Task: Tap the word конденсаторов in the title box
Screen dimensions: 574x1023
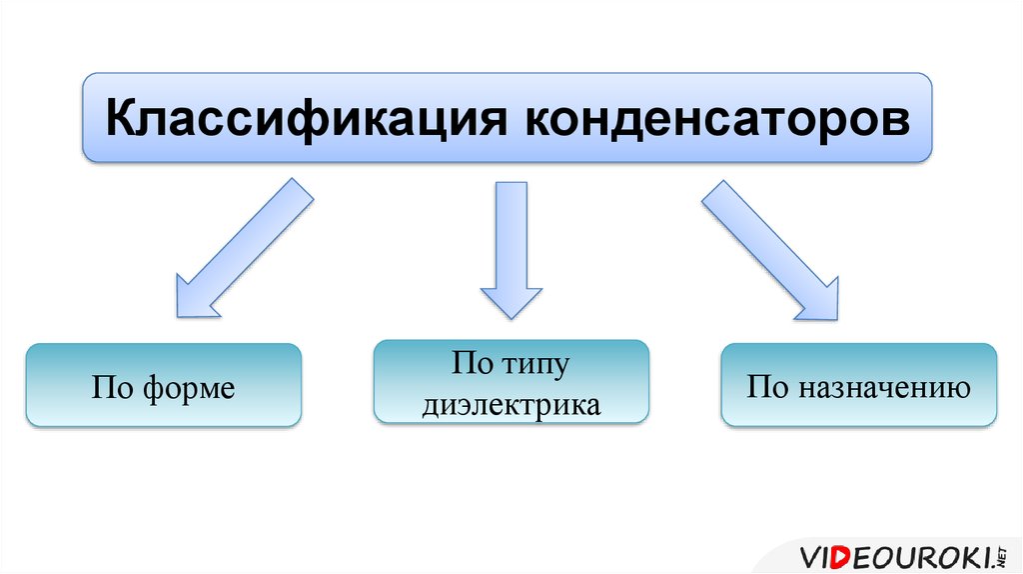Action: click(x=717, y=119)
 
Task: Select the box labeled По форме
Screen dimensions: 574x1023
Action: click(x=164, y=386)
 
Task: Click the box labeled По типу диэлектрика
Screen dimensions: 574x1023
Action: click(x=511, y=382)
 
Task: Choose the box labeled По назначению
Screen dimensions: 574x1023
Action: click(x=858, y=386)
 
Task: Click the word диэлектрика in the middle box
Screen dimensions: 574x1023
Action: click(x=511, y=405)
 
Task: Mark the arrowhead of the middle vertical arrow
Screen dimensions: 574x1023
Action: click(x=511, y=301)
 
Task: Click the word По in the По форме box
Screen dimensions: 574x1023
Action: click(x=109, y=388)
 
